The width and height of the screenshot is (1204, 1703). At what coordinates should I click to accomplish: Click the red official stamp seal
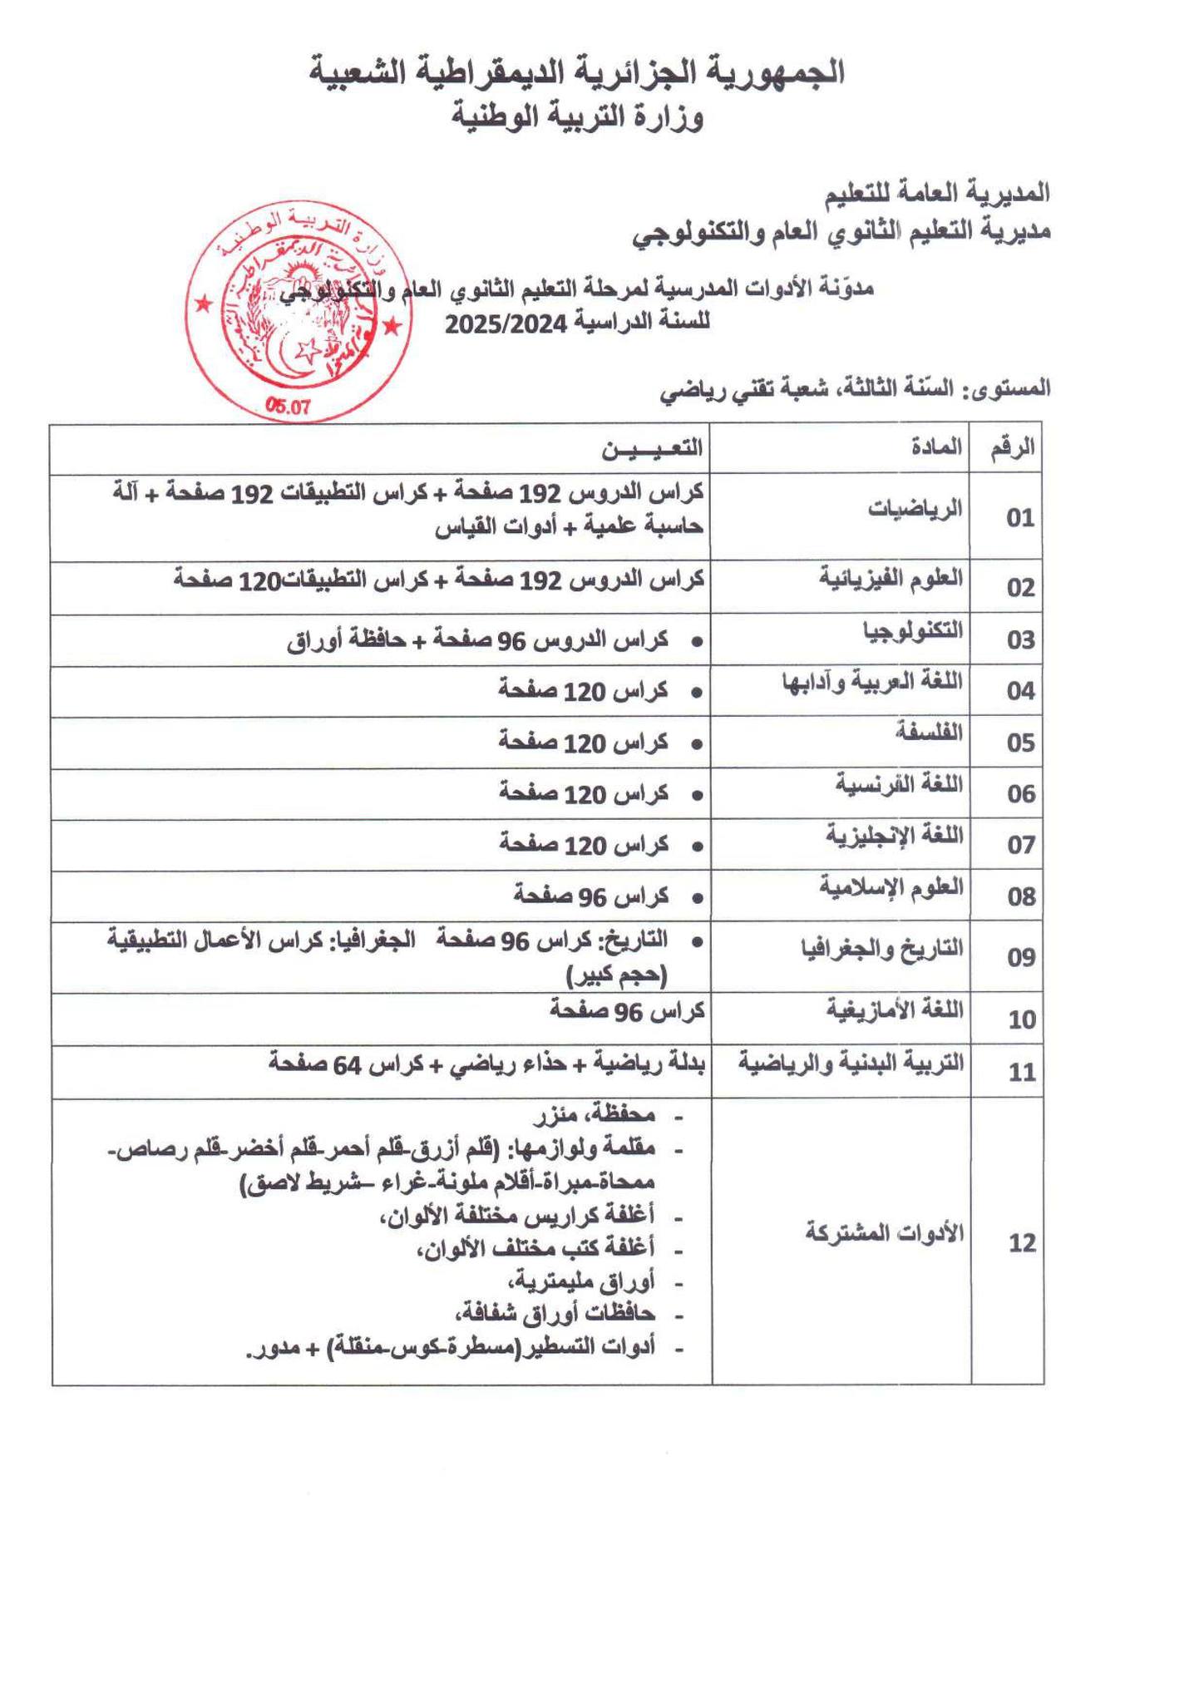pyautogui.click(x=297, y=312)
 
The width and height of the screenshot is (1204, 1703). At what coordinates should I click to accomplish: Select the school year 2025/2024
pyautogui.click(x=505, y=323)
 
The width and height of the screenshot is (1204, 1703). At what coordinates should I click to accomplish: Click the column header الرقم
pyautogui.click(x=1012, y=447)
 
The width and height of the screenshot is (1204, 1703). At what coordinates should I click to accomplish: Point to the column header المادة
pyautogui.click(x=937, y=447)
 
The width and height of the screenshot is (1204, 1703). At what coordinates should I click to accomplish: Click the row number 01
pyautogui.click(x=1019, y=519)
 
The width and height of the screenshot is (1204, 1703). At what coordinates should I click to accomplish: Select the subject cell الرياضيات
pyautogui.click(x=915, y=508)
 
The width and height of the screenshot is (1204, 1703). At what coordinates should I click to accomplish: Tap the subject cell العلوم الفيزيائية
pyautogui.click(x=891, y=577)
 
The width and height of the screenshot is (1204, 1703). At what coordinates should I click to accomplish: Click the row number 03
pyautogui.click(x=1020, y=640)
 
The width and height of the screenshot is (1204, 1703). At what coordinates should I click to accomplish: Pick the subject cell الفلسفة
pyautogui.click(x=929, y=733)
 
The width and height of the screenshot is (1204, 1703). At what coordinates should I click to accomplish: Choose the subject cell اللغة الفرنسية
pyautogui.click(x=899, y=783)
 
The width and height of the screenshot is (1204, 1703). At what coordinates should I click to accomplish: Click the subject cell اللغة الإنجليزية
pyautogui.click(x=894, y=835)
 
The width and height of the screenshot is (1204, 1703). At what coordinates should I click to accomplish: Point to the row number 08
pyautogui.click(x=1020, y=897)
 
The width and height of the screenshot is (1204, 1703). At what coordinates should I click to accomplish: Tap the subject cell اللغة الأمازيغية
pyautogui.click(x=894, y=1009)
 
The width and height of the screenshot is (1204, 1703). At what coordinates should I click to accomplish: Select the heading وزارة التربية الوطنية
pyautogui.click(x=577, y=116)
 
